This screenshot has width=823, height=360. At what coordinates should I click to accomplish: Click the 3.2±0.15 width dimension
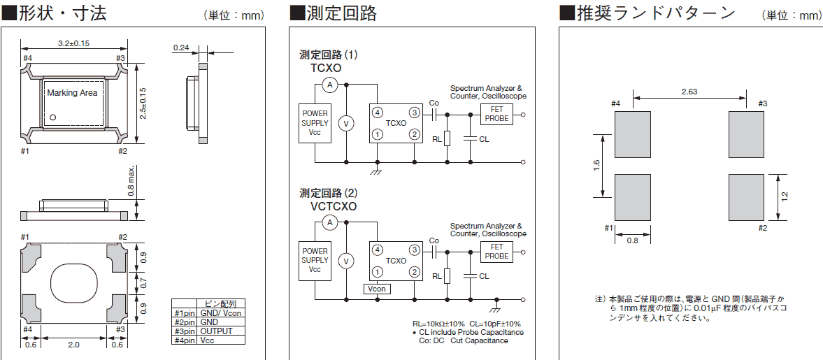73,43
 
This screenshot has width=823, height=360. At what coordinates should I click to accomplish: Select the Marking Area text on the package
72,93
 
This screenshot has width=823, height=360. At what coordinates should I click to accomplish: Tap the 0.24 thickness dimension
181,48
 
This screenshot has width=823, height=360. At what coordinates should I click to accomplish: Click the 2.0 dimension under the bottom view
74,344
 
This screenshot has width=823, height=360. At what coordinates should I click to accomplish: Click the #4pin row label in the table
185,340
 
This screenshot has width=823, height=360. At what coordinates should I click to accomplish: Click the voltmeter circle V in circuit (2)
344,261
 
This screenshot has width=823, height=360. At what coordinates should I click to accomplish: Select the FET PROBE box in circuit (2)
496,252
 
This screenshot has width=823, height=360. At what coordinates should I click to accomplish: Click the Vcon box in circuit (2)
377,289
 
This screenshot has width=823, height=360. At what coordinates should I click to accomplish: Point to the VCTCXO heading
334,206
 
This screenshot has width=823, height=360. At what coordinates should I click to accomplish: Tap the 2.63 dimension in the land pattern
689,92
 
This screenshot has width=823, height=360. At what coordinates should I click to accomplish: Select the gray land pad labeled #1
632,196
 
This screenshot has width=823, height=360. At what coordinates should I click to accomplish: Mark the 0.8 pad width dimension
632,240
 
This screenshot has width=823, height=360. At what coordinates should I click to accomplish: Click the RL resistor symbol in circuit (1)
447,138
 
